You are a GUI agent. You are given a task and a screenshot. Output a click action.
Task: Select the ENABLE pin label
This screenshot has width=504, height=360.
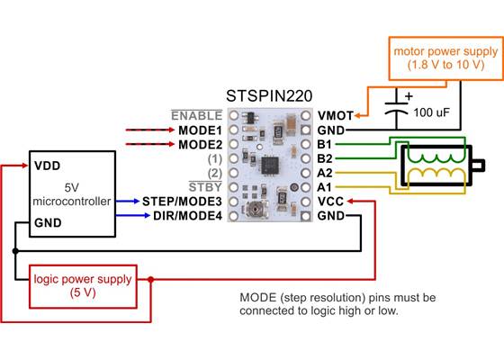196,115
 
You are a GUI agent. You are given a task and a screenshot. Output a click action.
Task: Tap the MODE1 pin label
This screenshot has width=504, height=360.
200,130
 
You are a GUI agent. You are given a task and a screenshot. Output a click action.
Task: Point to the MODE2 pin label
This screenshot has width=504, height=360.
200,144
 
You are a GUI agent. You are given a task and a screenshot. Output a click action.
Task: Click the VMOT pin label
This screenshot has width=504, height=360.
334,115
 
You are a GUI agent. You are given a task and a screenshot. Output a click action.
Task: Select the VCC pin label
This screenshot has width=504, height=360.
330,202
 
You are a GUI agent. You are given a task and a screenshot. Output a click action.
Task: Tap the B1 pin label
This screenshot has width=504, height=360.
325,144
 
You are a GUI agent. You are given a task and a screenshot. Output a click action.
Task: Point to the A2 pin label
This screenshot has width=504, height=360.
325,173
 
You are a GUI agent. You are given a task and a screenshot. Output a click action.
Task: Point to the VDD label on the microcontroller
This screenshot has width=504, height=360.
47,166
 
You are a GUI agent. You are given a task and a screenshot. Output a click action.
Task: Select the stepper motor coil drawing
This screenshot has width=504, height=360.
436,163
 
